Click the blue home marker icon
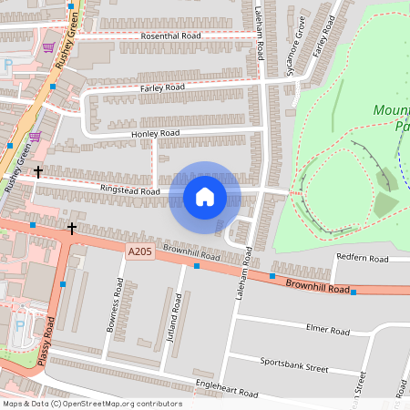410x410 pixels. (x=205, y=196)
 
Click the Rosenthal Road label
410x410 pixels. (x=170, y=36)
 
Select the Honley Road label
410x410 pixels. (x=157, y=133)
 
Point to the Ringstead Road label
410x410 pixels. (x=130, y=191)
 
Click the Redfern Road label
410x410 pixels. (x=362, y=259)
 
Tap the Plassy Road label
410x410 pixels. (x=46, y=342)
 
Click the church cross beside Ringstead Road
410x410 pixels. (x=37, y=170)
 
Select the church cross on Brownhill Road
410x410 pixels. (x=72, y=226)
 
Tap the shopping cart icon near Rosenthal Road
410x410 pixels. (x=47, y=46)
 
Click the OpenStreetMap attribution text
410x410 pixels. (x=92, y=404)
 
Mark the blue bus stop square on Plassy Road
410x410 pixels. (x=62, y=284)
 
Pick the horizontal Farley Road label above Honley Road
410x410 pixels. (x=162, y=87)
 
